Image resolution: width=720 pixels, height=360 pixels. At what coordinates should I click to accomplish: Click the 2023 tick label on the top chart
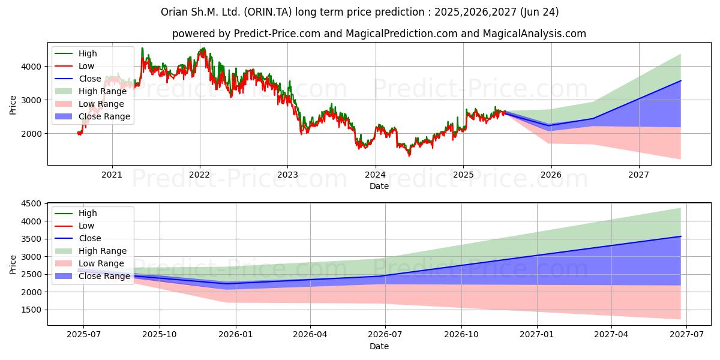pyautogui.click(x=287, y=175)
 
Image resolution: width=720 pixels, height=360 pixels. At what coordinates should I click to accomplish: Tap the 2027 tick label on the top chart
pyautogui.click(x=638, y=175)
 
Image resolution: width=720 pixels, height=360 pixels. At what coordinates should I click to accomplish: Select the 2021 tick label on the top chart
pyautogui.click(x=112, y=175)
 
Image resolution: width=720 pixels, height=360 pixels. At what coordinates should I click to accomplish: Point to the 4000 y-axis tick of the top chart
pyautogui.click(x=31, y=67)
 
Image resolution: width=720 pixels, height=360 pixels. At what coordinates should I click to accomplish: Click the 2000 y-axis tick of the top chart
pyautogui.click(x=31, y=134)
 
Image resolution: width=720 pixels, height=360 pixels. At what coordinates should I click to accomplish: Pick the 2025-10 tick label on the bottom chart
pyautogui.click(x=160, y=335)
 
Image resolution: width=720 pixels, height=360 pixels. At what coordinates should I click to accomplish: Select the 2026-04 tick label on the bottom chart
pyautogui.click(x=310, y=335)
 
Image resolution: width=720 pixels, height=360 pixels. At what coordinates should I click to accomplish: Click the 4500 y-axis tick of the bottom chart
pyautogui.click(x=31, y=203)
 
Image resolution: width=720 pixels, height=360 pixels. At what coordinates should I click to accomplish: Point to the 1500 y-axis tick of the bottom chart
pyautogui.click(x=31, y=310)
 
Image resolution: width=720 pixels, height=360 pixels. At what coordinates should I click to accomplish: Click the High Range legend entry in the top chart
pyautogui.click(x=91, y=91)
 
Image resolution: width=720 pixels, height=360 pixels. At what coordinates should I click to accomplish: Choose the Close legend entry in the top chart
pyautogui.click(x=78, y=79)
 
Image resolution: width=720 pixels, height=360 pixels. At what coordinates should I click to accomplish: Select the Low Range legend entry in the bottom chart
pyautogui.click(x=89, y=263)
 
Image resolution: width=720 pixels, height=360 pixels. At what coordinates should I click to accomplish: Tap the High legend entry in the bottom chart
pyautogui.click(x=76, y=213)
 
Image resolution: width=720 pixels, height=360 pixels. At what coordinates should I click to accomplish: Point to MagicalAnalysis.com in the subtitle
pyautogui.click(x=534, y=34)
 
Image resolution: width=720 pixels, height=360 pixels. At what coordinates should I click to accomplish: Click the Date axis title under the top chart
pyautogui.click(x=379, y=186)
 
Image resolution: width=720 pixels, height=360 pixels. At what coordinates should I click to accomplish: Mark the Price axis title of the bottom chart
pyautogui.click(x=13, y=265)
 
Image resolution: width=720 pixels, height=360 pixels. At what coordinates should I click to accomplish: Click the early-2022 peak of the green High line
pyautogui.click(x=203, y=48)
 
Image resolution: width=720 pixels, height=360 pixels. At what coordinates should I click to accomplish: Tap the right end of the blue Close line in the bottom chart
pyautogui.click(x=681, y=236)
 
